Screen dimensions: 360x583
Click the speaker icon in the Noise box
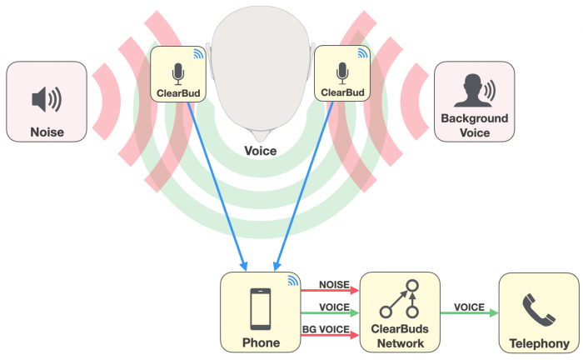tap(46, 99)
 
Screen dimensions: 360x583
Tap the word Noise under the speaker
tap(47, 132)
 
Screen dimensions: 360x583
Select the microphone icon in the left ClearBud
tap(177, 71)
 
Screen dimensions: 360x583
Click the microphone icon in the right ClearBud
tap(341, 71)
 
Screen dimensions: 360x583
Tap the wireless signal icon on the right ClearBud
tap(362, 53)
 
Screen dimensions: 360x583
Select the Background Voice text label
tap(474, 126)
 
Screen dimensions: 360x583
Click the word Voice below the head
tap(261, 151)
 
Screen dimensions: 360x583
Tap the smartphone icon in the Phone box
tap(261, 309)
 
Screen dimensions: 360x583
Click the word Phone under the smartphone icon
tap(261, 342)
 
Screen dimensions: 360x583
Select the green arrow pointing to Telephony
tap(469, 313)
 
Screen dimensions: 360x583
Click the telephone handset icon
tap(537, 309)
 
